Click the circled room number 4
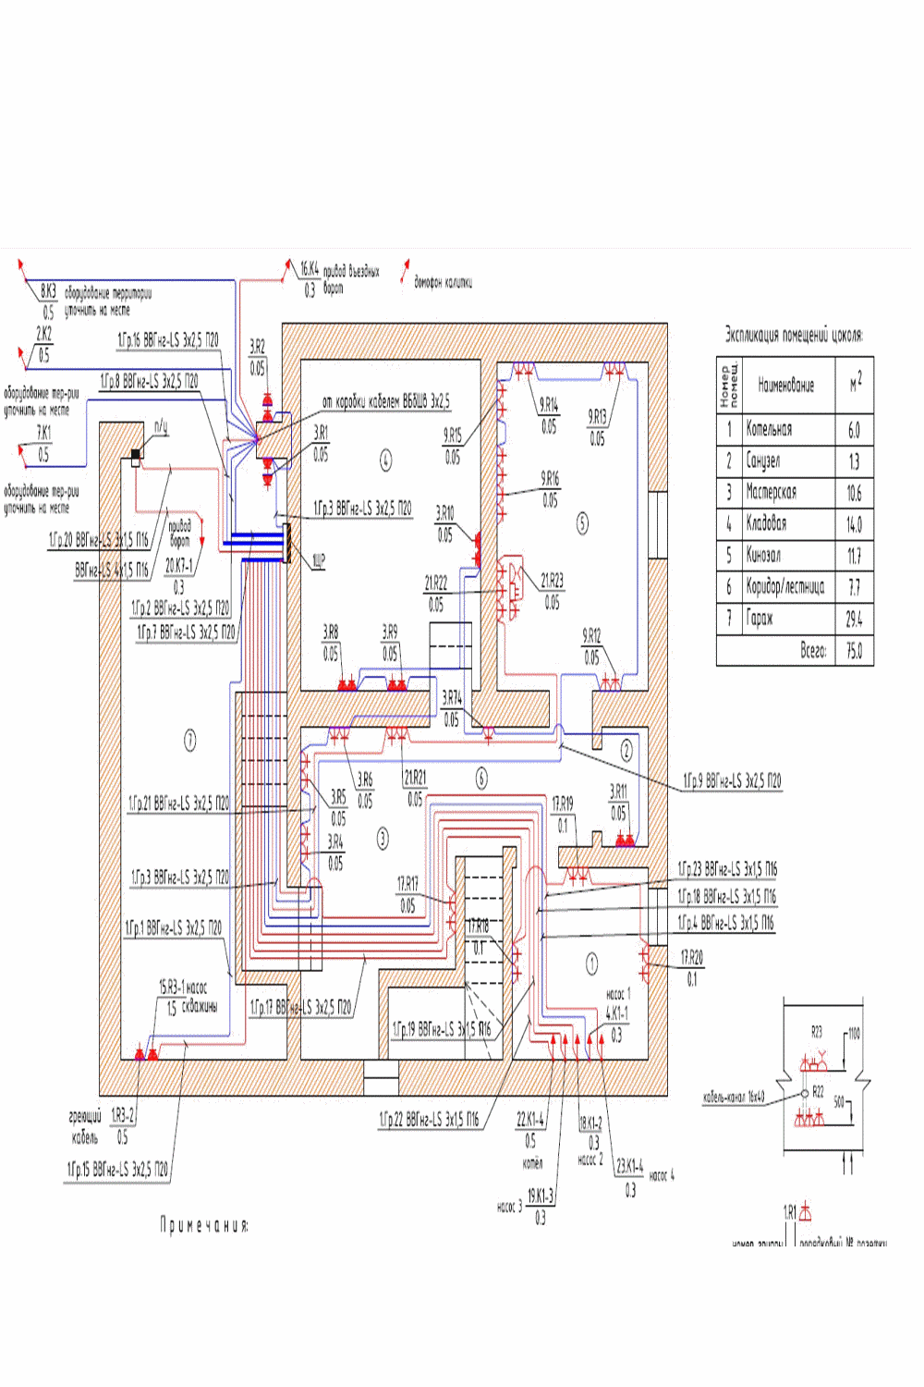(x=385, y=459)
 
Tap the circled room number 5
(x=582, y=523)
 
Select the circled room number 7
(x=189, y=740)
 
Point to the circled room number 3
(x=383, y=839)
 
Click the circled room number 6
(x=481, y=779)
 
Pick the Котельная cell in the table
(x=769, y=429)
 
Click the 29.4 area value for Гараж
(x=854, y=619)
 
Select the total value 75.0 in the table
(x=854, y=651)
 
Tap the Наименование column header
(x=785, y=385)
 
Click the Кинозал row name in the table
(x=763, y=555)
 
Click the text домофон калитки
(x=443, y=282)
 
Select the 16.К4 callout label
(x=310, y=270)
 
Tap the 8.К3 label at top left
(x=48, y=291)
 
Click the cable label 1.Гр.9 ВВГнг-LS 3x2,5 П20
(x=732, y=781)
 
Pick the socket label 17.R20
(x=691, y=958)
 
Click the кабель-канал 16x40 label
(x=734, y=1098)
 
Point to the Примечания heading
(x=204, y=1225)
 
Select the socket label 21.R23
(x=552, y=581)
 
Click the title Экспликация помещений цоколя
(x=794, y=335)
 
